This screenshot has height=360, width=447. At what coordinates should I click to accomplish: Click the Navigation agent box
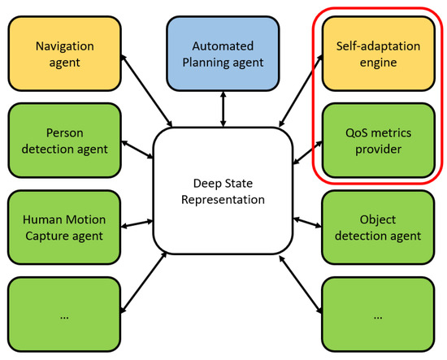pyautogui.click(x=65, y=54)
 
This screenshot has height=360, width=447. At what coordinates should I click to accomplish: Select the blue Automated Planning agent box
pyautogui.click(x=223, y=54)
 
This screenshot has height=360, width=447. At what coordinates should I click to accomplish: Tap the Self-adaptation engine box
pyautogui.click(x=378, y=54)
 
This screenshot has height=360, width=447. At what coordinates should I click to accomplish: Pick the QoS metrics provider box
pyautogui.click(x=378, y=141)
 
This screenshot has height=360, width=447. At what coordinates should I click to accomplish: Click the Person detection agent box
pyautogui.click(x=65, y=141)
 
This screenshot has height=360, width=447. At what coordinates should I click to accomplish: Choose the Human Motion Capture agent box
pyautogui.click(x=64, y=228)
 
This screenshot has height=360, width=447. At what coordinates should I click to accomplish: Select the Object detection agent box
pyautogui.click(x=378, y=228)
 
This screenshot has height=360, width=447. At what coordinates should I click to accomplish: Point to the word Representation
pyautogui.click(x=223, y=200)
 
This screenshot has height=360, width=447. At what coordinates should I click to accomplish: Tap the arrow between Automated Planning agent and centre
pyautogui.click(x=223, y=109)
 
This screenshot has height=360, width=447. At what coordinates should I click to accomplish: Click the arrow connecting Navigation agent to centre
pyautogui.click(x=146, y=91)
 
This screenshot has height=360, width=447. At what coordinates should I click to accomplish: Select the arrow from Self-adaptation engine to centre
pyautogui.click(x=301, y=91)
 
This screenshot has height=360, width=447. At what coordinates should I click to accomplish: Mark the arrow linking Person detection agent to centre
pyautogui.click(x=137, y=150)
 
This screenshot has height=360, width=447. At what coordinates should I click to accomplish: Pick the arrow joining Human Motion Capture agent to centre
pyautogui.click(x=137, y=223)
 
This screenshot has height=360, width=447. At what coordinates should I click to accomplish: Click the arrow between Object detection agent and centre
pyautogui.click(x=307, y=223)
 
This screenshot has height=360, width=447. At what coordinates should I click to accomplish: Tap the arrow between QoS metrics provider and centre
pyautogui.click(x=307, y=153)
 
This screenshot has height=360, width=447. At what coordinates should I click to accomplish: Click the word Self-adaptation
pyautogui.click(x=378, y=46)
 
